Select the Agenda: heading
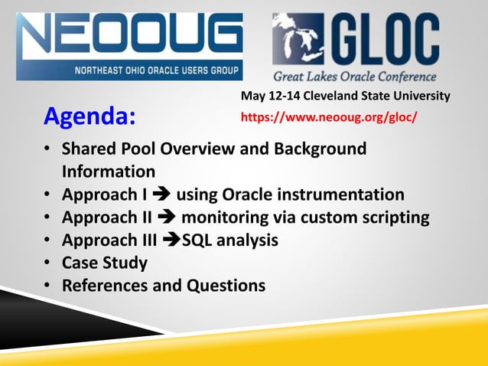[x=89, y=117]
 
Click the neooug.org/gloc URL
[x=329, y=118]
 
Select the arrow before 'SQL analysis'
[x=173, y=240]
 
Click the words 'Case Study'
[x=105, y=263]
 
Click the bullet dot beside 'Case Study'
[x=47, y=263]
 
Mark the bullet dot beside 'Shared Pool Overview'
[x=47, y=149]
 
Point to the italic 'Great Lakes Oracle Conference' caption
[x=355, y=77]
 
